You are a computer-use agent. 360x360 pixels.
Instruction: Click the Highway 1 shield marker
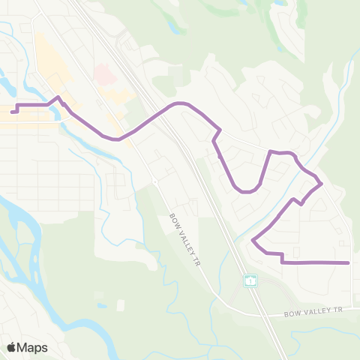(250, 280)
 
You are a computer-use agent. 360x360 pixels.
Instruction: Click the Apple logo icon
(11, 347)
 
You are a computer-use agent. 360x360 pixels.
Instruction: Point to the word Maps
(33, 347)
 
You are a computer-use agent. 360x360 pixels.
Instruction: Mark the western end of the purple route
(13, 112)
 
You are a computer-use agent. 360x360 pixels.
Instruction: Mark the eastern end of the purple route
(349, 262)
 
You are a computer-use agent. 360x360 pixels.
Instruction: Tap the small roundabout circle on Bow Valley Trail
(153, 181)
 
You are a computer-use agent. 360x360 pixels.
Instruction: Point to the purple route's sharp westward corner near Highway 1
(253, 241)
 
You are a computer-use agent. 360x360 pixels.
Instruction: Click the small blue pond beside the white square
(101, 306)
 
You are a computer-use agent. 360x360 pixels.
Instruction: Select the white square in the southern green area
(120, 304)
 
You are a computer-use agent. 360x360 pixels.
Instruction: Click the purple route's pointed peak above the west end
(59, 97)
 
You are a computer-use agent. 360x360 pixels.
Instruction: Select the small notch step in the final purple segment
(282, 259)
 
